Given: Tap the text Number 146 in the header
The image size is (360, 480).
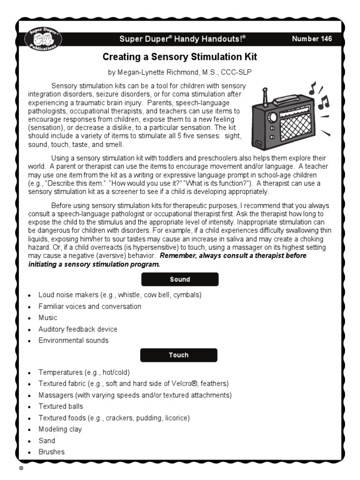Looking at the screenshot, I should [x=312, y=39].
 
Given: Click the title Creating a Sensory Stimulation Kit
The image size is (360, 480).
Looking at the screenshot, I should [x=180, y=57].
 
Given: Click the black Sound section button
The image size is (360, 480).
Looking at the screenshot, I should [x=180, y=279].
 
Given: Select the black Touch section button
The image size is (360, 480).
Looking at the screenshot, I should [x=179, y=355].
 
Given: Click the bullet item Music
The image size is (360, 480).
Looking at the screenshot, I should [x=48, y=318].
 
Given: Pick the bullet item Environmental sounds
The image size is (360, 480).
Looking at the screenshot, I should [x=73, y=340].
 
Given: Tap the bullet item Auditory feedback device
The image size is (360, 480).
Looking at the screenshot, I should [x=78, y=329].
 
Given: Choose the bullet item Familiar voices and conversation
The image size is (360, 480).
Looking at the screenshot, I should [x=90, y=307].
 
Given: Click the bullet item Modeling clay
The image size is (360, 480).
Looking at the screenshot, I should [x=60, y=429].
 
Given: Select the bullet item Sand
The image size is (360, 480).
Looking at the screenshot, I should [x=47, y=441].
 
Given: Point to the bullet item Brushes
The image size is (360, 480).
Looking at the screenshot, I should [x=52, y=452].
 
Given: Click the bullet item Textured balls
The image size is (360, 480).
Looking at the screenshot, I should [x=61, y=406].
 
